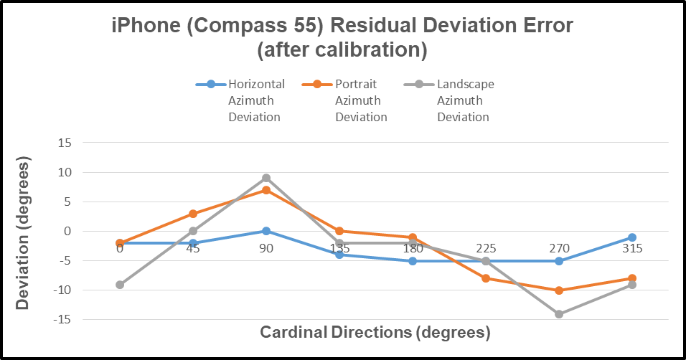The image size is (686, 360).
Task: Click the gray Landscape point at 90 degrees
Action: [x=266, y=178]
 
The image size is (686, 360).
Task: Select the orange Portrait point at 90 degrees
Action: [x=266, y=190]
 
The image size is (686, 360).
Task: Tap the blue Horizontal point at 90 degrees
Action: [x=266, y=231]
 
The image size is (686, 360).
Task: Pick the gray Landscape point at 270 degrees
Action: [x=559, y=314]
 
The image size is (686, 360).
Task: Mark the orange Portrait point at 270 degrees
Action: [x=559, y=290]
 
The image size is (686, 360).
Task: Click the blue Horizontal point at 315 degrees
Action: [x=632, y=237]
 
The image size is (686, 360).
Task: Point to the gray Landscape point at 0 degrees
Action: [x=120, y=285]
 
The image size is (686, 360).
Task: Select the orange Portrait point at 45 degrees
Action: [x=193, y=214]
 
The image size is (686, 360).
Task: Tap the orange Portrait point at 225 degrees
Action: [x=486, y=278]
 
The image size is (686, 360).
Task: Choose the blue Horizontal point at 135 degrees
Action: [x=339, y=255]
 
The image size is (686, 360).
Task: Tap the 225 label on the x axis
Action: [x=486, y=249]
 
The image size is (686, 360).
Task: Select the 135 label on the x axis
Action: [x=339, y=249]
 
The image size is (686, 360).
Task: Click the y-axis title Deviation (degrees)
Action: [x=24, y=235]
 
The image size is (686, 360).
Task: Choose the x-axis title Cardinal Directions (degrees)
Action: [x=375, y=333]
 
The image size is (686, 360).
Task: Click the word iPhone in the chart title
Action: [x=144, y=27]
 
